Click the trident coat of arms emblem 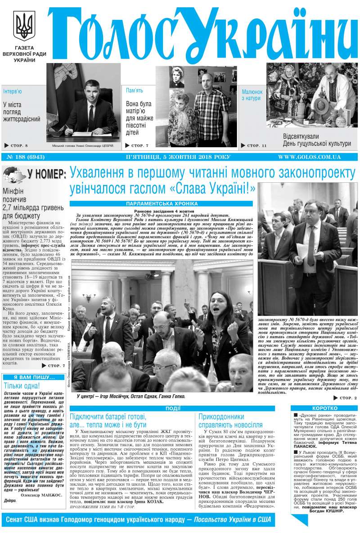(24, 26)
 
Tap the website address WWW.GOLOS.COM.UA (309, 157)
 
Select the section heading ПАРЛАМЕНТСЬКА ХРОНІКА (163, 204)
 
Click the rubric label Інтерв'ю (13, 91)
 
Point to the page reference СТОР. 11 (255, 145)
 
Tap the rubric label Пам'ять (135, 90)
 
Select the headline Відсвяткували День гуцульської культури (317, 140)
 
